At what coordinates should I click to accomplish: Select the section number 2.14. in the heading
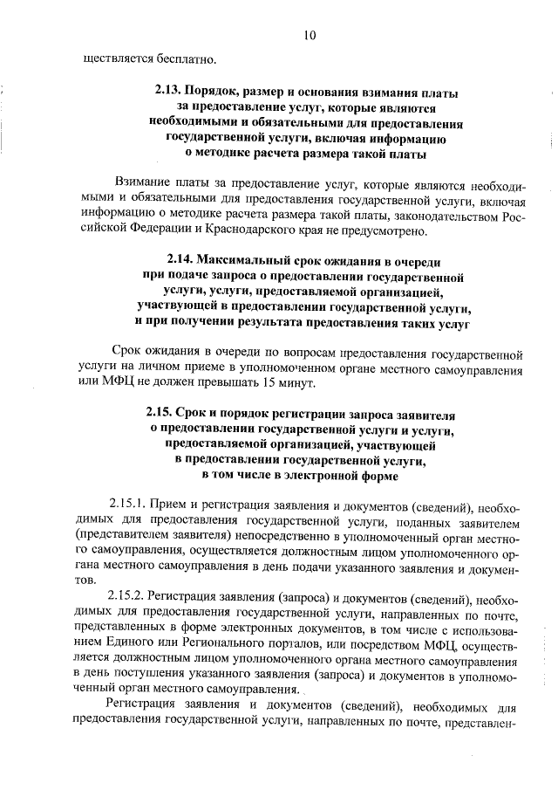[x=180, y=261]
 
